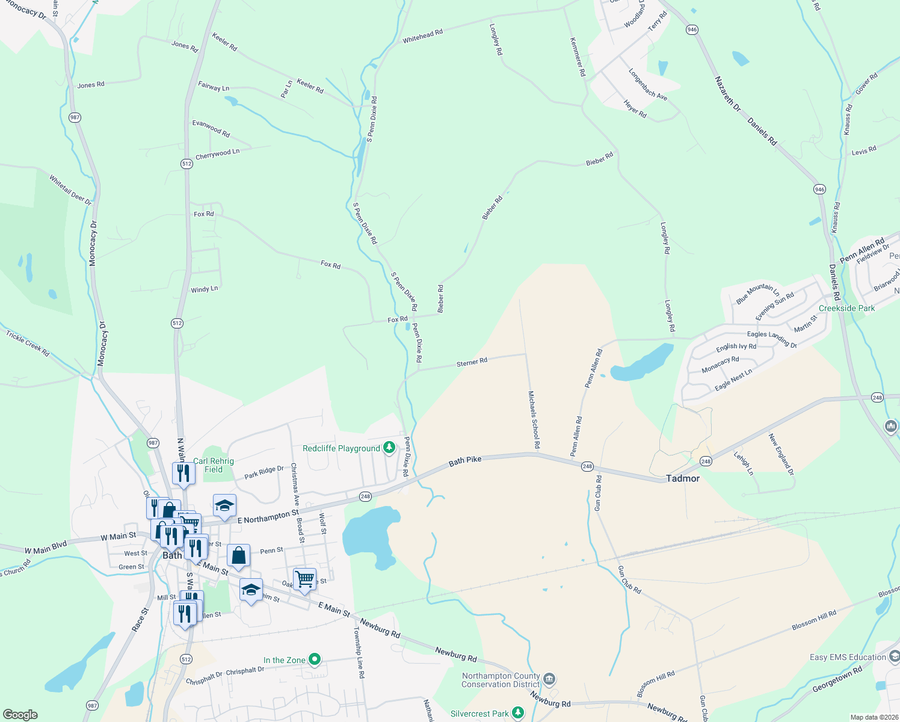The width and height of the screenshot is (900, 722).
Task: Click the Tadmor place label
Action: coord(683,478)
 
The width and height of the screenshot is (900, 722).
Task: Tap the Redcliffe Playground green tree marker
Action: coord(389,448)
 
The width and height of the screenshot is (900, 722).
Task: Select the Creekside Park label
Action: coord(846,308)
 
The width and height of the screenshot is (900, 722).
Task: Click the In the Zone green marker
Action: coord(314,659)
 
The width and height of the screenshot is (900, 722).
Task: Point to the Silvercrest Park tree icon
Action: coord(518,713)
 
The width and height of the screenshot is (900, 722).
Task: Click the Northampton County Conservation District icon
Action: coord(549,680)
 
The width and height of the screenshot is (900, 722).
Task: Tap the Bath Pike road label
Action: coord(465,460)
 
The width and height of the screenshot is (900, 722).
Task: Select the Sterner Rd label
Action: coord(472,362)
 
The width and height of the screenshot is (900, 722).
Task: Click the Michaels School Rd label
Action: coord(534,420)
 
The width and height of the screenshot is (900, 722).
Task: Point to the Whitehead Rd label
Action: coord(422,36)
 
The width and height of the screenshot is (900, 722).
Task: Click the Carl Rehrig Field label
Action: coord(214,465)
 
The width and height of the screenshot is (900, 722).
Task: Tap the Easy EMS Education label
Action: coord(848,657)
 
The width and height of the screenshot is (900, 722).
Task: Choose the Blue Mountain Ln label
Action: coord(757,293)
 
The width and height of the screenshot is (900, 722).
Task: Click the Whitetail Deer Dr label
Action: coord(70,190)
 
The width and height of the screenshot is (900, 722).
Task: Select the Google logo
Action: coord(20,714)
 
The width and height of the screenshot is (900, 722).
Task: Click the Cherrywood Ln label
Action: coord(217,154)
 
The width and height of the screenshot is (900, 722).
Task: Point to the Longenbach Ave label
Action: coord(647,85)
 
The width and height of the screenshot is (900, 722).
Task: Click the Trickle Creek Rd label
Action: coord(28,343)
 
